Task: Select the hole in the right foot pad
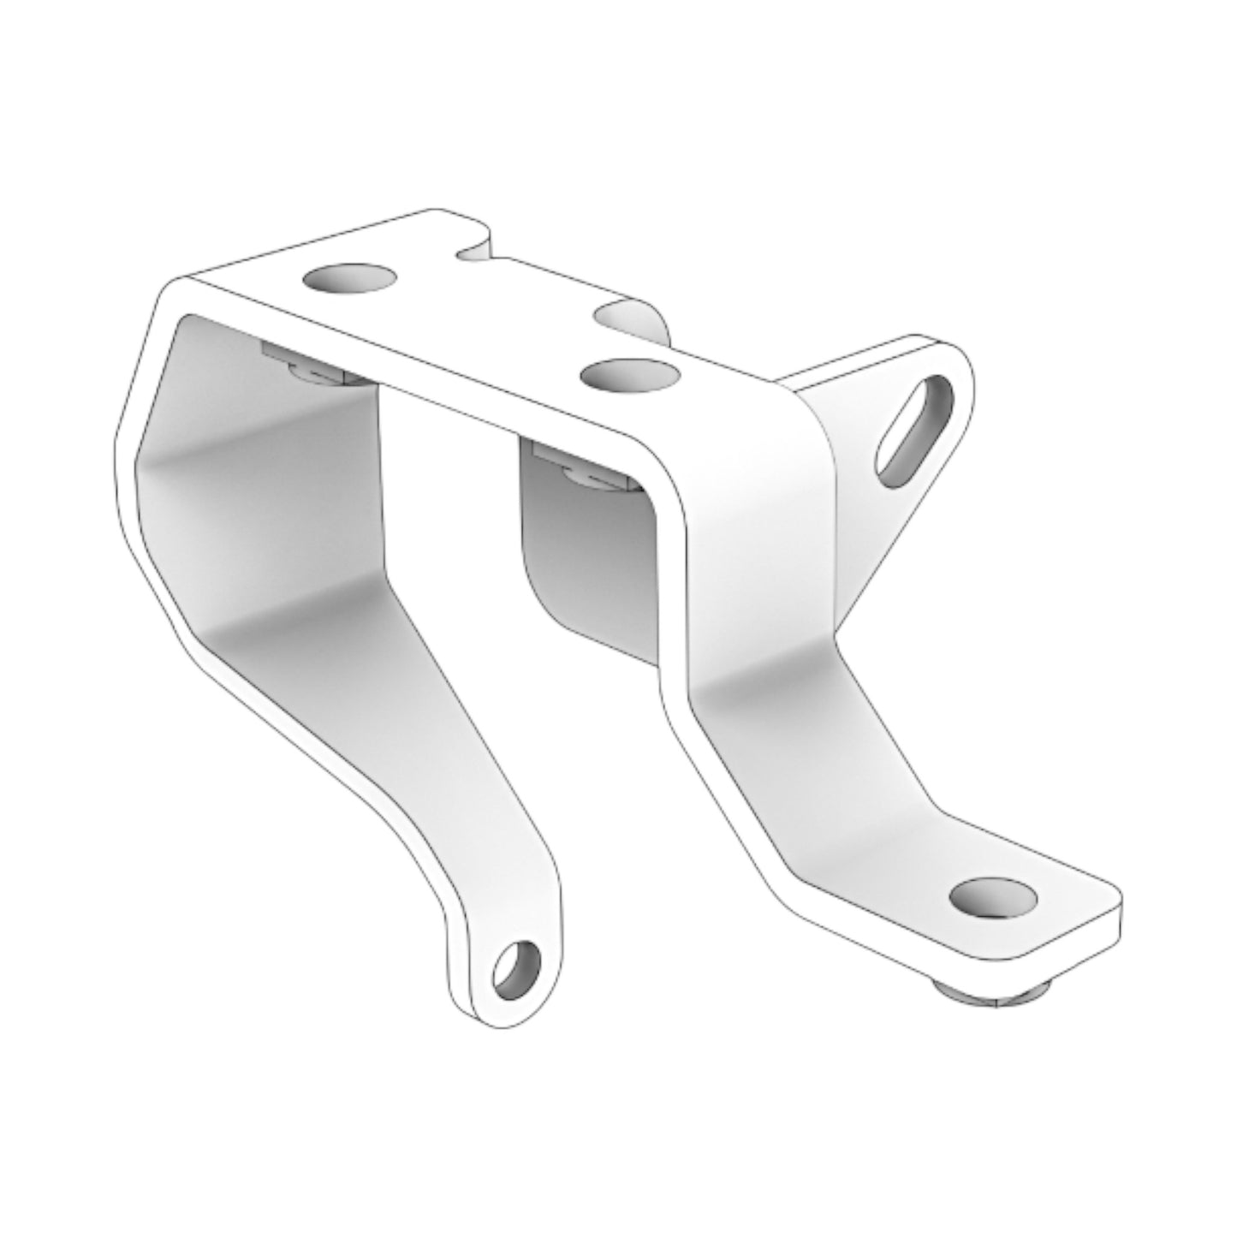(993, 896)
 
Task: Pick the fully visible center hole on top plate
(629, 374)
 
